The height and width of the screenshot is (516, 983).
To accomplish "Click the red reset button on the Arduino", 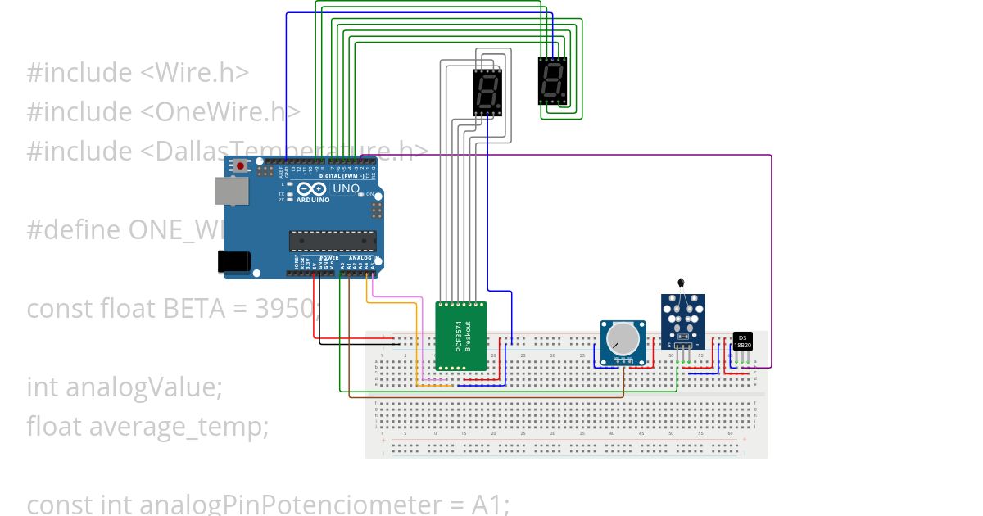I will [x=240, y=166].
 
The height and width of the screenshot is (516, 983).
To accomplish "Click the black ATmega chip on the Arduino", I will [x=332, y=240].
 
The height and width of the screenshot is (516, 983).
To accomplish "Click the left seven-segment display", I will [x=487, y=92].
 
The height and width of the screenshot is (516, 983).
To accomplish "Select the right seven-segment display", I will [x=552, y=81].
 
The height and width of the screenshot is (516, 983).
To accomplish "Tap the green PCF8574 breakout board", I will [x=460, y=336].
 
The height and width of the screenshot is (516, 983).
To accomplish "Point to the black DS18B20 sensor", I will [x=742, y=341].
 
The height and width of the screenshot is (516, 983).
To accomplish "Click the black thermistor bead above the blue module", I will [x=681, y=283].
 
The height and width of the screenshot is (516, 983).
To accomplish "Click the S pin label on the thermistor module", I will [x=670, y=346].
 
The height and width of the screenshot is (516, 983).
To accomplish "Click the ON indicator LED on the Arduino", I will [x=361, y=194].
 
